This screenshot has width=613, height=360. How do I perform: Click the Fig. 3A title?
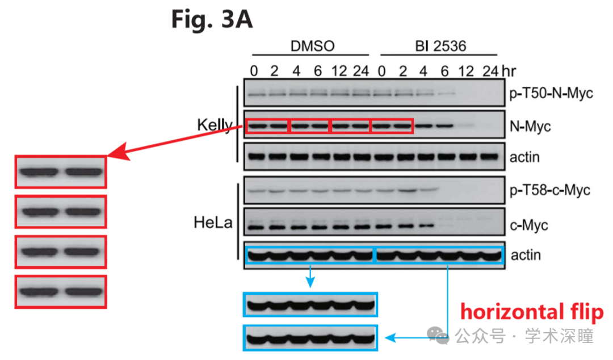pyautogui.click(x=212, y=19)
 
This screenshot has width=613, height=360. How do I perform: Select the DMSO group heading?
pyautogui.click(x=312, y=46)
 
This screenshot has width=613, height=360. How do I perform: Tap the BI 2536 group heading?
pyautogui.click(x=440, y=46)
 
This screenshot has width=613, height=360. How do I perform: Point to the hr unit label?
pyautogui.click(x=509, y=71)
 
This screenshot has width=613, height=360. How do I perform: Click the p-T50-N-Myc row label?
pyautogui.click(x=551, y=93)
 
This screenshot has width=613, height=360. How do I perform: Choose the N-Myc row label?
pyautogui.click(x=530, y=127)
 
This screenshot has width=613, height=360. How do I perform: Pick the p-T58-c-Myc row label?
pyautogui.click(x=549, y=190)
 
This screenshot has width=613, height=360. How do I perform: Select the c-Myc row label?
pyautogui.click(x=529, y=225)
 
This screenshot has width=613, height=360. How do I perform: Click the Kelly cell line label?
pyautogui.click(x=215, y=125)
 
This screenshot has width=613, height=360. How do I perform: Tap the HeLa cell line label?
pyautogui.click(x=213, y=223)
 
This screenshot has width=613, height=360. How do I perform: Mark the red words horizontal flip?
pyautogui.click(x=532, y=312)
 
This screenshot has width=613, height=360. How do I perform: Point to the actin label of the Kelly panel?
pyautogui.click(x=524, y=157)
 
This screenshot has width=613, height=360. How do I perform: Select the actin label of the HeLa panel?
pyautogui.click(x=526, y=255)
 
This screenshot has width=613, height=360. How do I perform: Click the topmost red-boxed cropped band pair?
pyautogui.click(x=61, y=172)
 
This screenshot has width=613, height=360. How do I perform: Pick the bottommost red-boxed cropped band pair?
pyautogui.click(x=61, y=292)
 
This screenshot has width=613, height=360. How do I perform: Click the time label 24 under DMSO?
pyautogui.click(x=361, y=71)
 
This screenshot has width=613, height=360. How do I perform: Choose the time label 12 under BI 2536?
pyautogui.click(x=466, y=71)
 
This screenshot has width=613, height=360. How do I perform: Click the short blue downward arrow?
pyautogui.click(x=310, y=277)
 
